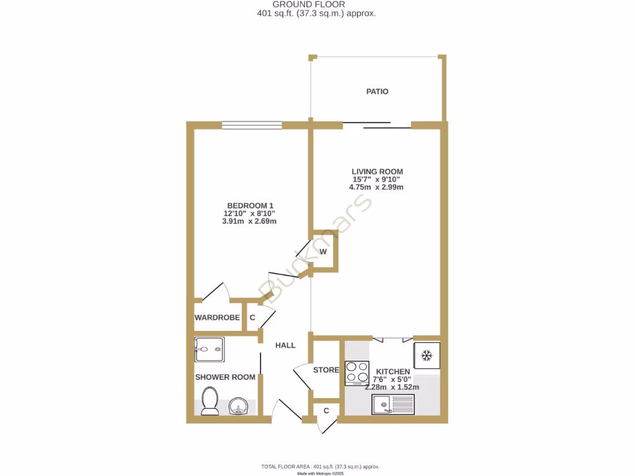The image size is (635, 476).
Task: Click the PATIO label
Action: pos(377,92)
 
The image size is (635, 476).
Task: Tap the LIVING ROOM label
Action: pos(377,172)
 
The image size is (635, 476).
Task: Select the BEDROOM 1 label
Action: pos(250,206)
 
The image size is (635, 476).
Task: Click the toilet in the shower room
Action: pos(209,400)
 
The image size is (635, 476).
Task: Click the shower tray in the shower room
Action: pos(209,350)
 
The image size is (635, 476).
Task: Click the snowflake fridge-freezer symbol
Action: pos(427,355)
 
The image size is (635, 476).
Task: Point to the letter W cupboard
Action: pos(323,252)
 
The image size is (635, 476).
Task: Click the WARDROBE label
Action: pos(217,317)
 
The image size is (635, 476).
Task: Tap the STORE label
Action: pos(326,370)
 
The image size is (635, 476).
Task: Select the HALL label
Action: pos(285,345)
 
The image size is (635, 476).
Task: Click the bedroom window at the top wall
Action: pos(252,125)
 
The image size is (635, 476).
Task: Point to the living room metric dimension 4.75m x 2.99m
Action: pos(377,187)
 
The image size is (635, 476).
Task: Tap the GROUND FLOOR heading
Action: pos(317,4)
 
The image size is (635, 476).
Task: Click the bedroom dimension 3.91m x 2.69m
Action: pos(249,221)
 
